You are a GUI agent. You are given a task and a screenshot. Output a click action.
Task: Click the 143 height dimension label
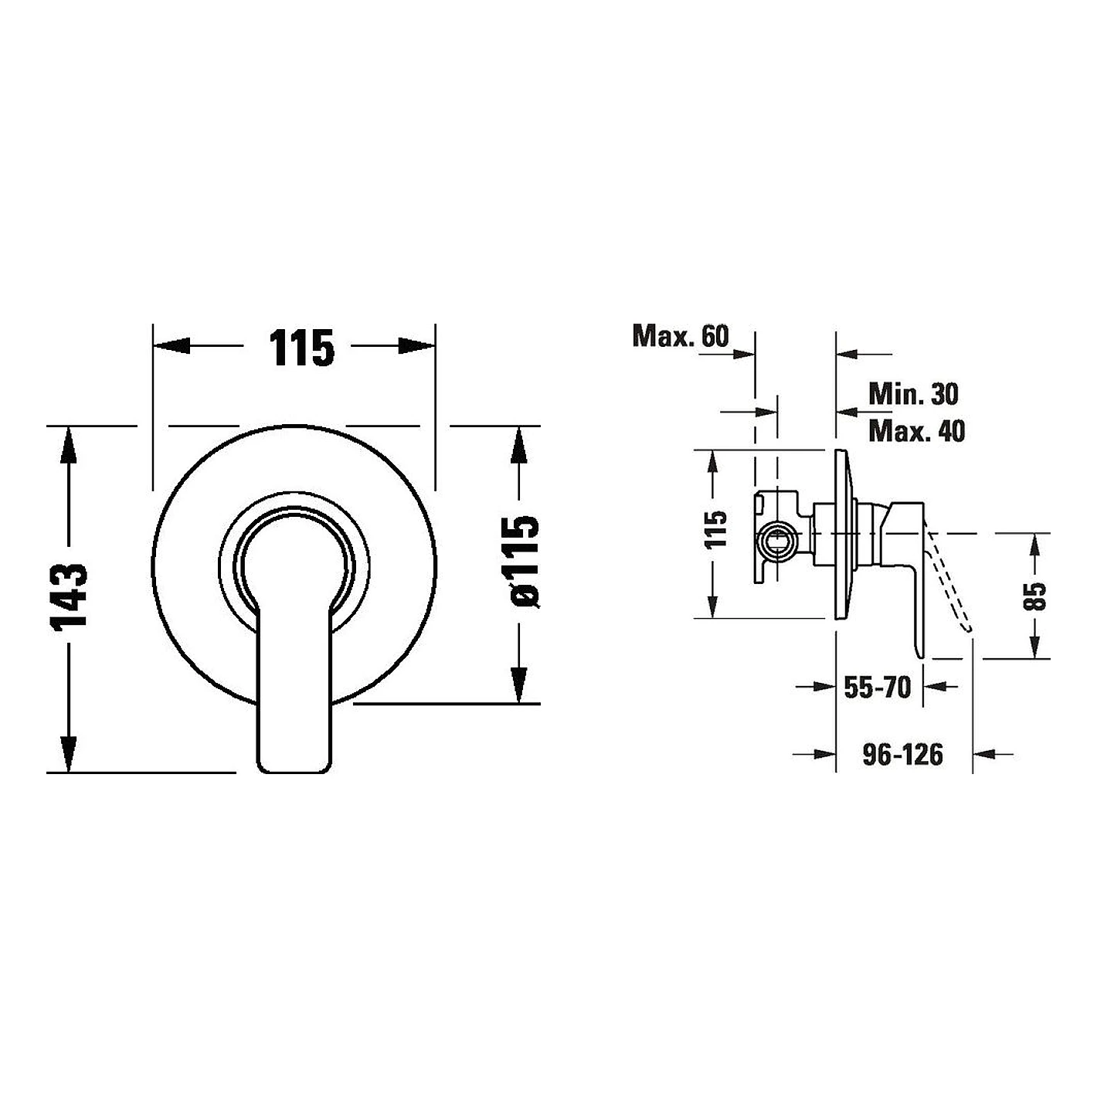point(70,598)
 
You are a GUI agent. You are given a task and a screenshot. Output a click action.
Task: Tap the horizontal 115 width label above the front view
point(301,348)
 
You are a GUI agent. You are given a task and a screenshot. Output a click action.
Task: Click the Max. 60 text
point(681,336)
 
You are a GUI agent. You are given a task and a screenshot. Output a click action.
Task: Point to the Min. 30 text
point(913,394)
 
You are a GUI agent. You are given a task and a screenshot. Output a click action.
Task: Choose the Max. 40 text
point(916,431)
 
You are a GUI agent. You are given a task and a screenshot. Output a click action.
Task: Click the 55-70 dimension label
point(878,687)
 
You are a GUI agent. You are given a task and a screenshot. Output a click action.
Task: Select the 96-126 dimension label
point(903,754)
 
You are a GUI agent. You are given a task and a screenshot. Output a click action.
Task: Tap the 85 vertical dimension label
point(1035,596)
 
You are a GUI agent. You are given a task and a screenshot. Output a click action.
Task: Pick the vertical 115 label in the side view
point(716,529)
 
